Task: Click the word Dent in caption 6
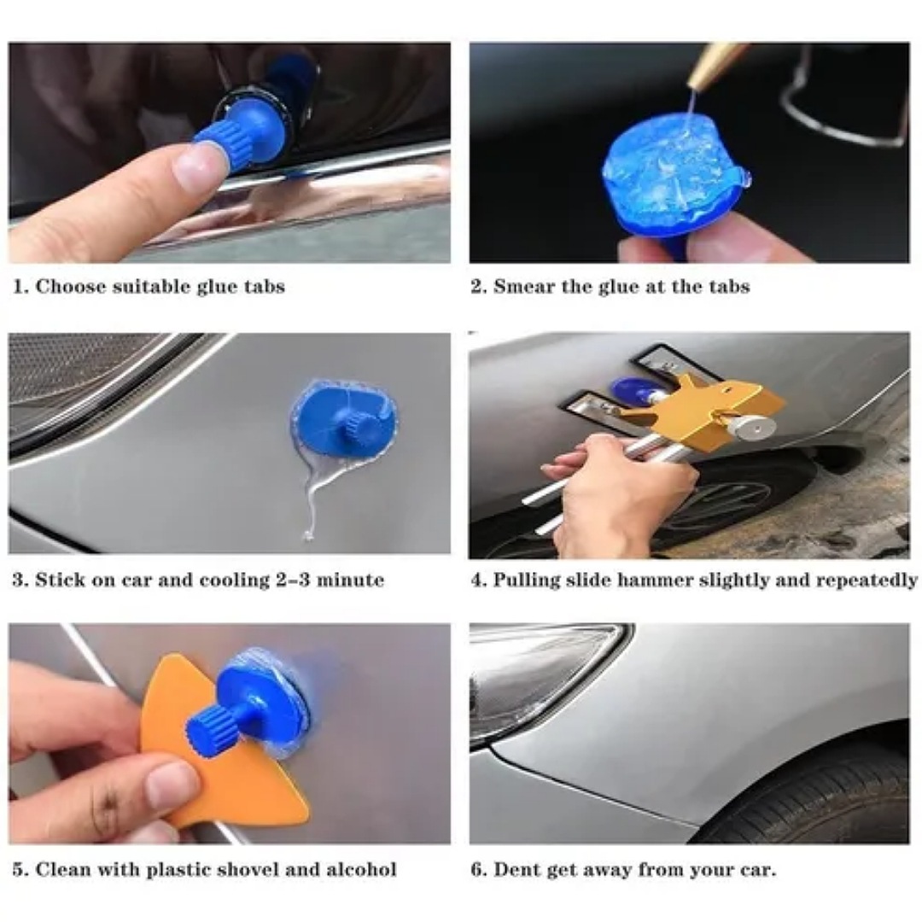(x=516, y=871)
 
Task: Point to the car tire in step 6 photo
(x=811, y=794)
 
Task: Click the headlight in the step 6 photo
(x=538, y=674)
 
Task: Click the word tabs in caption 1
(x=261, y=288)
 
